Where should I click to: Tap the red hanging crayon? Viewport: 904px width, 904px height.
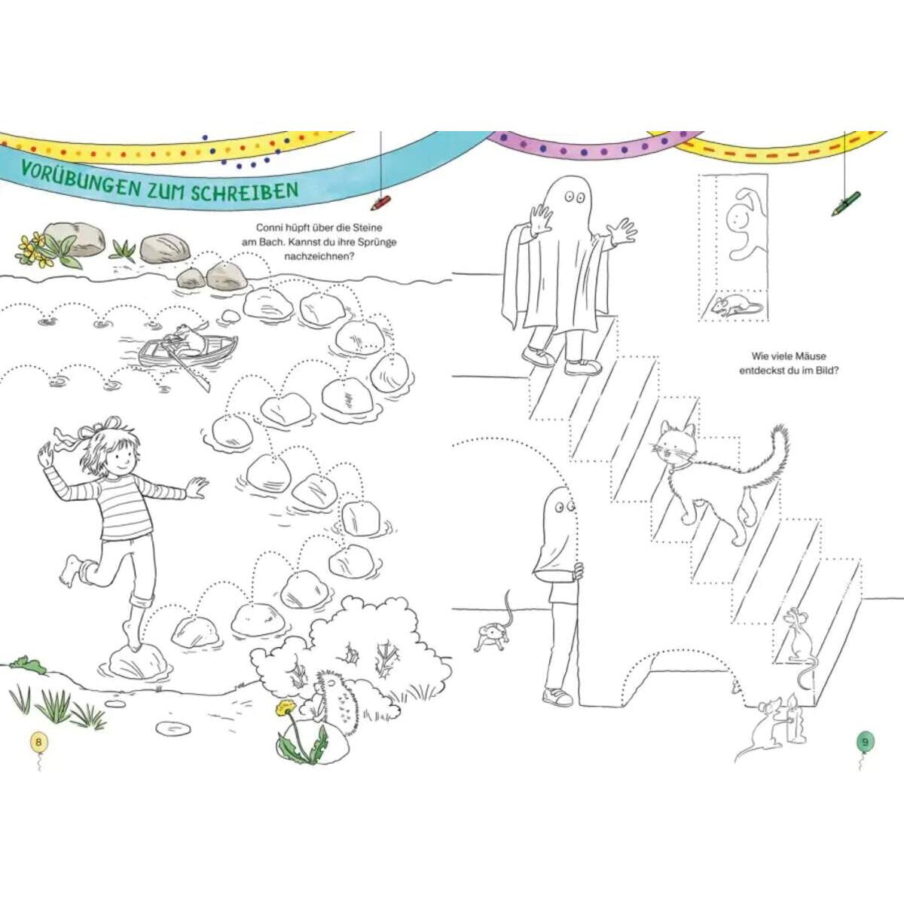[x=380, y=203]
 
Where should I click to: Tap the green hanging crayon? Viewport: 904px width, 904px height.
[x=846, y=203]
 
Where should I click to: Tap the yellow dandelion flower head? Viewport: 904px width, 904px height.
[x=285, y=707]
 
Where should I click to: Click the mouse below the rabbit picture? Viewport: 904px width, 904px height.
[x=734, y=305]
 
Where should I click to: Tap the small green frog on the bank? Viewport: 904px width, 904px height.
[x=27, y=664]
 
